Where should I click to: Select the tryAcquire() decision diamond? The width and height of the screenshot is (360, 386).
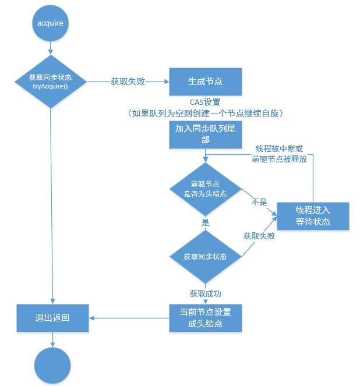pos(51,82)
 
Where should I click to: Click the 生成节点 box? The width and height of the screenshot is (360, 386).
pos(204,82)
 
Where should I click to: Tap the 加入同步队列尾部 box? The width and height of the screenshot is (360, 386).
pos(204,134)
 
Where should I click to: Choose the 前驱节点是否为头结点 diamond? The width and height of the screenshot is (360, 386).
pos(205,189)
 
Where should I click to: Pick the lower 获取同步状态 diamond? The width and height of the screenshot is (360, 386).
pos(205,256)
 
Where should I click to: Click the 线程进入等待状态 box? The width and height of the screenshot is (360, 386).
pos(312,216)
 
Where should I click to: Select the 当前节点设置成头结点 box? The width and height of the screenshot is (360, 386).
pos(204,318)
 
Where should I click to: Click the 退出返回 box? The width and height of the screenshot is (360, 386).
pos(52,318)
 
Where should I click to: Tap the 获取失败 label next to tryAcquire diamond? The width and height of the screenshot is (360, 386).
pos(128,82)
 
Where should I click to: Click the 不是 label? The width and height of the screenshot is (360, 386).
pos(259,202)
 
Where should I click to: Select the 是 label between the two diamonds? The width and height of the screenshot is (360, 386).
pos(205,222)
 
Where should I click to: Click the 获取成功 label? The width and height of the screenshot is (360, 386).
pos(205,293)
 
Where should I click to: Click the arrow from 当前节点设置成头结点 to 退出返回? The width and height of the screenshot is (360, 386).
pos(129,318)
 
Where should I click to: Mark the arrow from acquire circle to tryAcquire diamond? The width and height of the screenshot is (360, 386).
pos(51,48)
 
